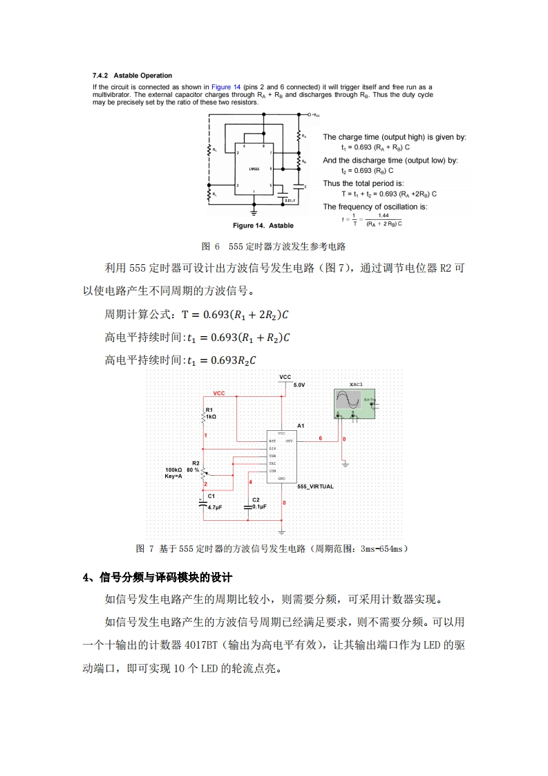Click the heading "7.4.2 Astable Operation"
(x=132, y=75)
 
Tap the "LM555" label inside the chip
(x=254, y=169)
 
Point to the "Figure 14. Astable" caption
(x=263, y=225)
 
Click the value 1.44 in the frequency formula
(x=384, y=215)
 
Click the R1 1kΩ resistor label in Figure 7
(x=210, y=414)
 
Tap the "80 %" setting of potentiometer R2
(x=193, y=470)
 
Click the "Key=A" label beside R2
(x=174, y=476)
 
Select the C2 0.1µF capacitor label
(x=258, y=503)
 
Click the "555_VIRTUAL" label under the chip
(x=315, y=486)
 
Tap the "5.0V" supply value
(x=299, y=384)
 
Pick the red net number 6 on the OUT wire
(x=320, y=438)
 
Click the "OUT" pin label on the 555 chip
(x=289, y=441)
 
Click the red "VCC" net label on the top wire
(x=219, y=393)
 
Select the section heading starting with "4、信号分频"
(x=158, y=578)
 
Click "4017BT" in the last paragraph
(x=201, y=645)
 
